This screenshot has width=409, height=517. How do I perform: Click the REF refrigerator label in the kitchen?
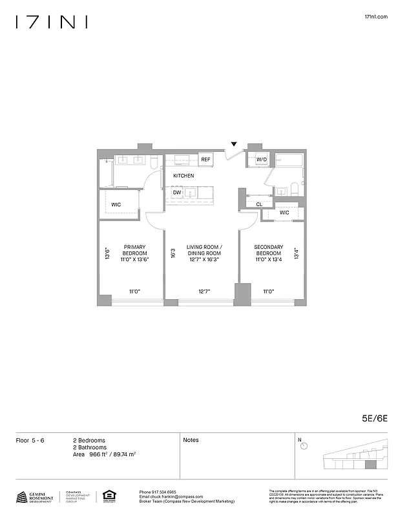click(x=205, y=159)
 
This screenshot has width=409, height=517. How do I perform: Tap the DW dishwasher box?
click(x=176, y=193)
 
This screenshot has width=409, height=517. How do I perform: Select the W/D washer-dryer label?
click(x=262, y=159)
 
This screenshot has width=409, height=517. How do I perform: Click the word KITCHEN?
click(x=183, y=176)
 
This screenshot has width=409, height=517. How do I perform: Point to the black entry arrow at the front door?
click(x=235, y=144)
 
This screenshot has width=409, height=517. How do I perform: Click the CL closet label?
click(x=259, y=204)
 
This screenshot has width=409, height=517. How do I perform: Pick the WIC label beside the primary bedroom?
click(x=116, y=204)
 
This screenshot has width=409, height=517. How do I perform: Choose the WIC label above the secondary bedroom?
click(x=284, y=213)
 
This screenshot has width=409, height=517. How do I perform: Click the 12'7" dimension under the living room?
click(x=204, y=292)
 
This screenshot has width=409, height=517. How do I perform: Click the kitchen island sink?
click(x=192, y=193)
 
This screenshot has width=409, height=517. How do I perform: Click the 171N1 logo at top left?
click(x=52, y=23)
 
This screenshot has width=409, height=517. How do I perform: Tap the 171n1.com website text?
click(x=376, y=17)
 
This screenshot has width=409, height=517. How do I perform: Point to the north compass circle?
click(x=304, y=445)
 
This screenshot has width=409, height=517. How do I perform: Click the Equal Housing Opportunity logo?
click(x=108, y=496)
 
